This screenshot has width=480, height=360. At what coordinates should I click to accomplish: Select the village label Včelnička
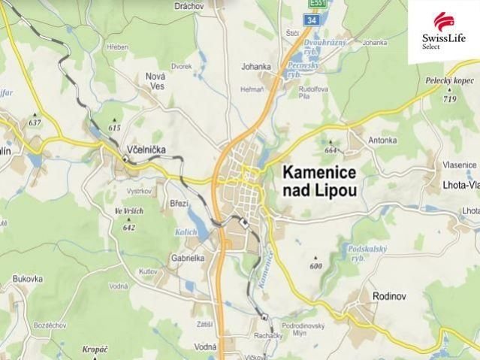coord(146,150)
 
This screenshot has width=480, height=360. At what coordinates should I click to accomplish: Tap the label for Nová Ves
coord(155,80)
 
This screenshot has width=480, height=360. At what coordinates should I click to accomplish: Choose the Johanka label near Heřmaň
coord(255,67)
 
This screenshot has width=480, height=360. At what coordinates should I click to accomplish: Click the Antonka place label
coord(382,140)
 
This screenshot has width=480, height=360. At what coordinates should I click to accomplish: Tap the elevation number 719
coord(450,99)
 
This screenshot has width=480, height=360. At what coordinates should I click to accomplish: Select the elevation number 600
coord(315,266)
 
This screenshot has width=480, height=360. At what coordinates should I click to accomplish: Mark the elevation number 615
coord(114,128)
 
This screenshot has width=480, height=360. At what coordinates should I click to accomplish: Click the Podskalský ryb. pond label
coord(369,252)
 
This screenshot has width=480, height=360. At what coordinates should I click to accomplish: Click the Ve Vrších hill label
coord(128,212)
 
